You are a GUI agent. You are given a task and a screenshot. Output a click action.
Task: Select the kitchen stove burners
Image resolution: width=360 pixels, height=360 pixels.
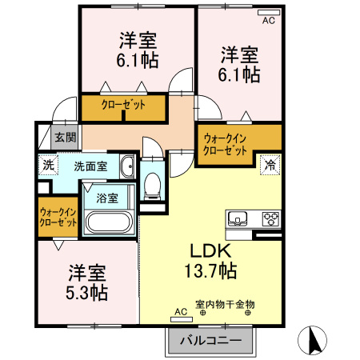coord(270,218)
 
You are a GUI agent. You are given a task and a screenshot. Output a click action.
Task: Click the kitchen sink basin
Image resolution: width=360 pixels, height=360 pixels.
coord(239,218)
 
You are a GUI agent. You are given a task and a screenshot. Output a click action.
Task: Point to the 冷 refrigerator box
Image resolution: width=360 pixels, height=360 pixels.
coord(270,166)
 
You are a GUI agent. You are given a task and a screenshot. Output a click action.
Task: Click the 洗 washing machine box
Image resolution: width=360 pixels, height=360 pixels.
coord(48,166)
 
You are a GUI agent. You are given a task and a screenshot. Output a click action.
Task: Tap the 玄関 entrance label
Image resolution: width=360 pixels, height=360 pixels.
coord(65,138)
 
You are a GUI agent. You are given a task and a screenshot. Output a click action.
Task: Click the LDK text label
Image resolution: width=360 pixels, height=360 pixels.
coord(211,250)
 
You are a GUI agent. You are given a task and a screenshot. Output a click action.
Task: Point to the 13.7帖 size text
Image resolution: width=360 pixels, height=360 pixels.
coord(211,270)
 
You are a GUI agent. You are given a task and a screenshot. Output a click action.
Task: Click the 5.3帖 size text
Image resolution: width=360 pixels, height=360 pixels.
coord(87,291)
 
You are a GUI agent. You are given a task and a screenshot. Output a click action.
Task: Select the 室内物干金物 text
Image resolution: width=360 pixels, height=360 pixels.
coord(225,305)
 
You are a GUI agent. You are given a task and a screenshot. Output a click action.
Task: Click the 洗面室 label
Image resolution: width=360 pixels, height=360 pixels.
coord(90,166)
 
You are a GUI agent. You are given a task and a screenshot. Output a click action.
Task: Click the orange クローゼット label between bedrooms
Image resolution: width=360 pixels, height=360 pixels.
coord(122,104)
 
